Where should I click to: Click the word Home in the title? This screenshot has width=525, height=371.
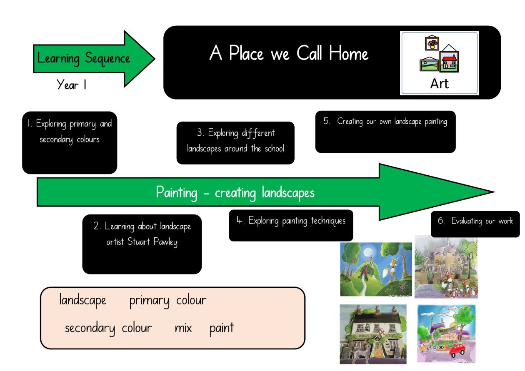point(348,53)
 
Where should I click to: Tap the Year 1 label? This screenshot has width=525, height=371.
point(71,85)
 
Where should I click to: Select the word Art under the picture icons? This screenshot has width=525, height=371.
point(439,84)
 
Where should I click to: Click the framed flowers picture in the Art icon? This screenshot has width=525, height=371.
point(432,43)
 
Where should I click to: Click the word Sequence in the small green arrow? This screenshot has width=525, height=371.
point(107,59)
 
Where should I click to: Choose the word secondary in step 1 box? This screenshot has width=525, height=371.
point(56,140)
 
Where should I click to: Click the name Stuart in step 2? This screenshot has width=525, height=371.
point(138,242)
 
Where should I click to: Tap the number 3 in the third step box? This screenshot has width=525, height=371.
point(200,132)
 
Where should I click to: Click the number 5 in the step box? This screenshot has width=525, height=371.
point(326,121)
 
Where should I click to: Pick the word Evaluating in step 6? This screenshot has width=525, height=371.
point(466,221)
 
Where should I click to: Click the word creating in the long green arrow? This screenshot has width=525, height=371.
point(235,193)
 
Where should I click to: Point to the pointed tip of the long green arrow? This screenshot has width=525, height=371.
point(495,192)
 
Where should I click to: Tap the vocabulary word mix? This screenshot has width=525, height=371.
point(183,328)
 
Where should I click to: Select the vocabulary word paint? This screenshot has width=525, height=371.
point(222,328)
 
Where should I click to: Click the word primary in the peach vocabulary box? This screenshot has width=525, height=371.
point(149,301)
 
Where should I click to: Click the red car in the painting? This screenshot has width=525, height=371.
point(457,351)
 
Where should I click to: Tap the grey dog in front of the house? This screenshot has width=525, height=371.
point(362,353)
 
